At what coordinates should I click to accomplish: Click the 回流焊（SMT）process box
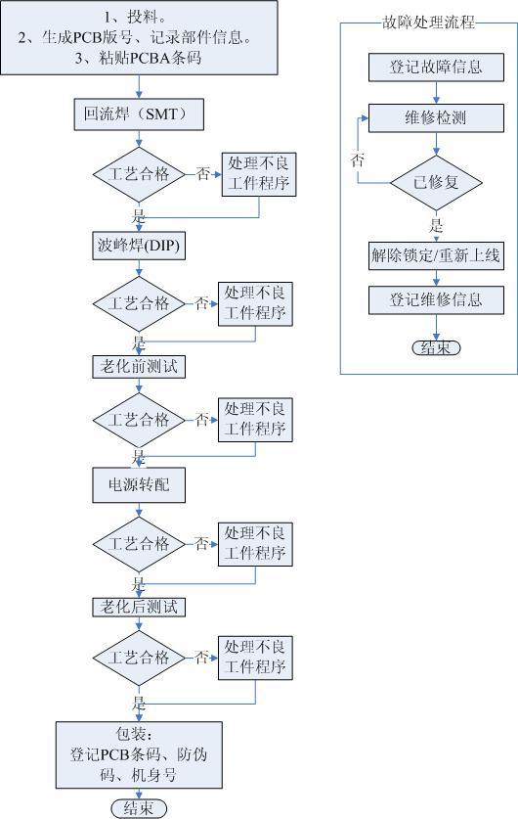138,114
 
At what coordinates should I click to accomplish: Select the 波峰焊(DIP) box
139,246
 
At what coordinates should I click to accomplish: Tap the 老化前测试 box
139,367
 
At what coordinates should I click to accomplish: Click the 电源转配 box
139,485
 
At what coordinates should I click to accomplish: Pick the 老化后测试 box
139,607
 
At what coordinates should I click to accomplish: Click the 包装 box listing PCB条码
140,754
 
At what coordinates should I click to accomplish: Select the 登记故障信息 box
436,67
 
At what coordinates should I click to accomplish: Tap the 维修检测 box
436,118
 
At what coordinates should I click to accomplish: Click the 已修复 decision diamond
436,183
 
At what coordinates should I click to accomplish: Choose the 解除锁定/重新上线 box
436,256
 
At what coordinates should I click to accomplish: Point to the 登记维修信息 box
436,299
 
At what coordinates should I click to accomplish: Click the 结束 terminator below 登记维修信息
436,348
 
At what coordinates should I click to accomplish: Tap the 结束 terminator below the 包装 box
139,808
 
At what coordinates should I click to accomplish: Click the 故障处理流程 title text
428,23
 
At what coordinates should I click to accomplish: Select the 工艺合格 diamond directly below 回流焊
139,174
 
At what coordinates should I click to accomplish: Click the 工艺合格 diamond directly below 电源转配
139,544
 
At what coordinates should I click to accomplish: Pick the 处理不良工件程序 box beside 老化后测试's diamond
255,659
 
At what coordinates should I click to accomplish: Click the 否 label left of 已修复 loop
358,159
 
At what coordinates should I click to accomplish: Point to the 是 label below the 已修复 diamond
436,226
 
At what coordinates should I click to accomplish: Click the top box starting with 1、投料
139,37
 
